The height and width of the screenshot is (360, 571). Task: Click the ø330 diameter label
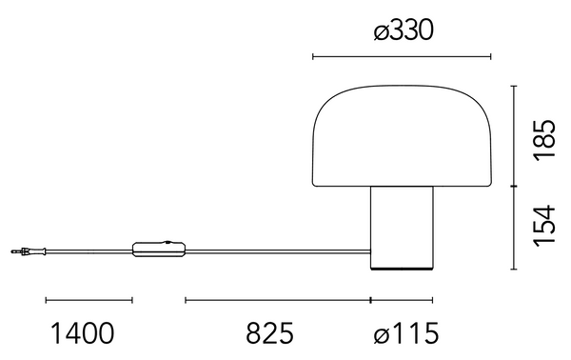coord(404,30)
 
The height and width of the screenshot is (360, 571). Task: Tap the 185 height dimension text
coord(544,140)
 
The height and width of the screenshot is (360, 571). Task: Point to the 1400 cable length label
coord(82,333)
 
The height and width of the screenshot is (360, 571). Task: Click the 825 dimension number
coord(270,333)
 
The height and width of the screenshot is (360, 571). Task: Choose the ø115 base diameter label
coord(406,333)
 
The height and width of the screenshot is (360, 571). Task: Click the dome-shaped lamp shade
coord(402,136)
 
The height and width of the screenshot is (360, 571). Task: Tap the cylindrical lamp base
coord(402,229)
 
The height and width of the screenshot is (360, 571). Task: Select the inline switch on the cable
coord(159,250)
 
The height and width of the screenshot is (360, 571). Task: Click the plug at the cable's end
coord(29,251)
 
